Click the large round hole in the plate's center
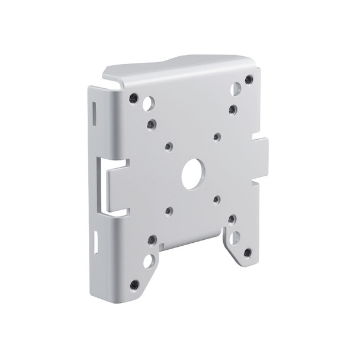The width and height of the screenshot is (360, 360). point(192,175)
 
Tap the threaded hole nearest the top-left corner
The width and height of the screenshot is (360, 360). point(134,98)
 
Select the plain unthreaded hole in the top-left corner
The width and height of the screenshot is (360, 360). point(148,104)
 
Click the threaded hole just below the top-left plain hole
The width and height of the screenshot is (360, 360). point(152,124)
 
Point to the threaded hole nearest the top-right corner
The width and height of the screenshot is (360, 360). point(249,79)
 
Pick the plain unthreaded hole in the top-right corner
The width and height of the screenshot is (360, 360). point(236,89)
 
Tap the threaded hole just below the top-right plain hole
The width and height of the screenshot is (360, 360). point(233,110)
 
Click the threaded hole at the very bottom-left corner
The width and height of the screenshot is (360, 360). point(134,284)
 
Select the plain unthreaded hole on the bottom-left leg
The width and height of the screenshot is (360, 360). point(149,261)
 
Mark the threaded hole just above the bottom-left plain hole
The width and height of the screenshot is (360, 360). point(152,240)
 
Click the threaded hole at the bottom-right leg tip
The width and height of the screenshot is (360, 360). point(247,253)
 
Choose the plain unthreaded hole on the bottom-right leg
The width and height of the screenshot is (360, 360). point(235,237)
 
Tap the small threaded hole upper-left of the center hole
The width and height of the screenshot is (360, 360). point(169,146)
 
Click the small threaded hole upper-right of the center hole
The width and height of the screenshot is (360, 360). point(217,137)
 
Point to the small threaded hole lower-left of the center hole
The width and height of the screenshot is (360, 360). point(169,210)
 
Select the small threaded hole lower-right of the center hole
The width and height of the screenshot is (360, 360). point(217,200)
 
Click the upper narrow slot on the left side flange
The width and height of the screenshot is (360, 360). point(94,113)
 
